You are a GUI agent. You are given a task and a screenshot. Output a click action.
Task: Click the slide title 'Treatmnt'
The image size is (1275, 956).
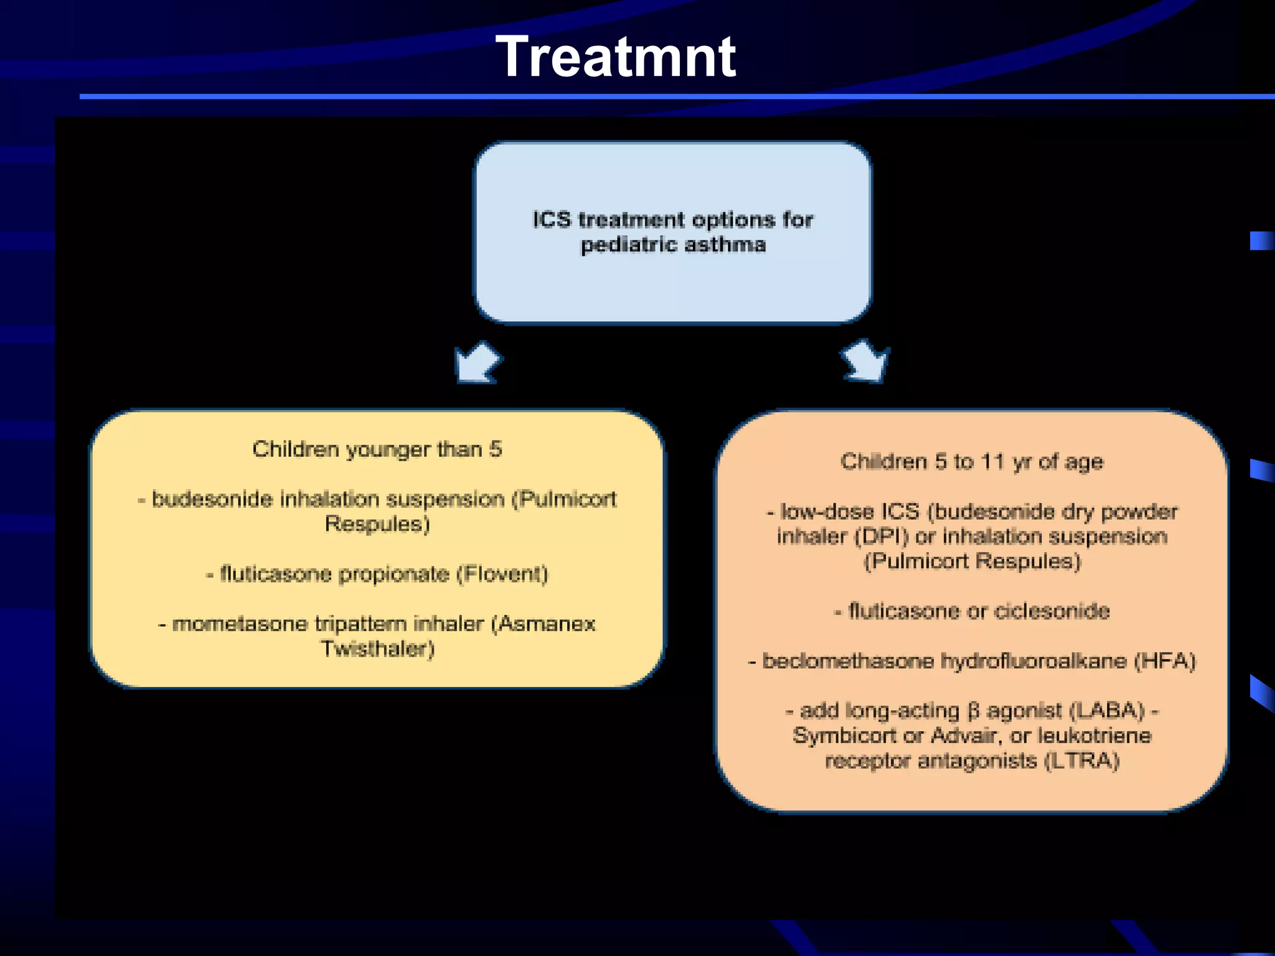coord(615,57)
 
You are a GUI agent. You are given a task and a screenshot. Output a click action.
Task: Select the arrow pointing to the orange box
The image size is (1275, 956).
coord(866,361)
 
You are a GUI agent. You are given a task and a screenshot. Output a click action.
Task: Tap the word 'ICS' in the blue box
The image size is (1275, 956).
coord(552,220)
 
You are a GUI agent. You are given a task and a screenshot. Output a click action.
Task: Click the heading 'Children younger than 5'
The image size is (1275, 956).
coord(377,449)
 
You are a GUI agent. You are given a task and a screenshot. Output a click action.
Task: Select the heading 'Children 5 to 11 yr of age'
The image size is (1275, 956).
coord(972,462)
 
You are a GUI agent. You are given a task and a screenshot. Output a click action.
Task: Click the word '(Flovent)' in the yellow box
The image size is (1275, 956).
coord(502,574)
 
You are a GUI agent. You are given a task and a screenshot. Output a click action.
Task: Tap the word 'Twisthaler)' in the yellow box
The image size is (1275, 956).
coord(377,649)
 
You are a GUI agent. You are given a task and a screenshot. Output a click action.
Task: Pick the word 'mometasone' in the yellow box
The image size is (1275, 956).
coord(240,624)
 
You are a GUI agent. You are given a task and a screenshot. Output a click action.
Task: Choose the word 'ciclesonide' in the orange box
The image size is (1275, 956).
coord(1052,611)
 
